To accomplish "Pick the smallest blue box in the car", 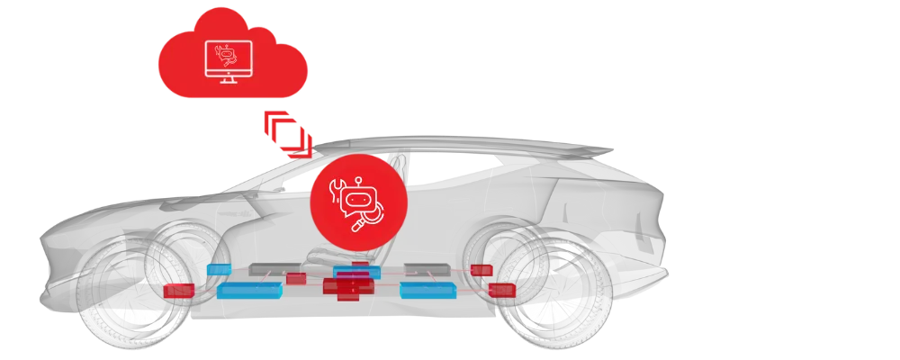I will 218,268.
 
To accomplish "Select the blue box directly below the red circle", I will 356,272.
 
